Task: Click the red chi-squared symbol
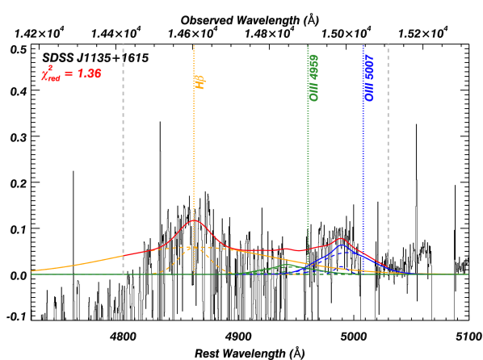click(48, 74)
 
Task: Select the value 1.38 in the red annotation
click(88, 73)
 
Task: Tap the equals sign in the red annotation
click(68, 73)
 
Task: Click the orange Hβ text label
click(199, 81)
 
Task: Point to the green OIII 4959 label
click(313, 77)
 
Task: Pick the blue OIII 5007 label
click(368, 77)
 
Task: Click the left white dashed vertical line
click(123, 161)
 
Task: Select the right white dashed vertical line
click(388, 161)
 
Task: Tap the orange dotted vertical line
click(194, 161)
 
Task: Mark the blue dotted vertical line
click(363, 161)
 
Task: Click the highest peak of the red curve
click(194, 220)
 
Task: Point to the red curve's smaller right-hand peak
click(341, 238)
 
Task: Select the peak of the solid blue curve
click(342, 245)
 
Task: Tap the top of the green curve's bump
click(288, 264)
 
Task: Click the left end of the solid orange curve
click(32, 270)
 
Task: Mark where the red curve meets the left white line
click(123, 255)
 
